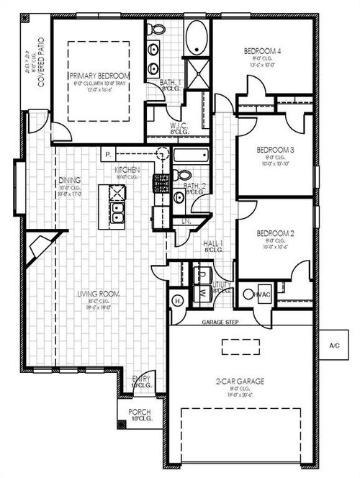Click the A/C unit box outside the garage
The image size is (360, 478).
[x=333, y=346]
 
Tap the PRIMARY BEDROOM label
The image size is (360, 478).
[x=99, y=75]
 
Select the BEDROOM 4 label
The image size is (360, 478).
[x=262, y=51]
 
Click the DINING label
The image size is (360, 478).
[x=70, y=180]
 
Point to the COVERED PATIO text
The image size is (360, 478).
[x=41, y=62]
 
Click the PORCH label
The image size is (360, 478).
[x=140, y=412]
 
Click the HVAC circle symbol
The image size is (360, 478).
[x=249, y=294]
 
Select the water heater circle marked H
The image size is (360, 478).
[x=177, y=300]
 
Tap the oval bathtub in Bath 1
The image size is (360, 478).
[x=196, y=38]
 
